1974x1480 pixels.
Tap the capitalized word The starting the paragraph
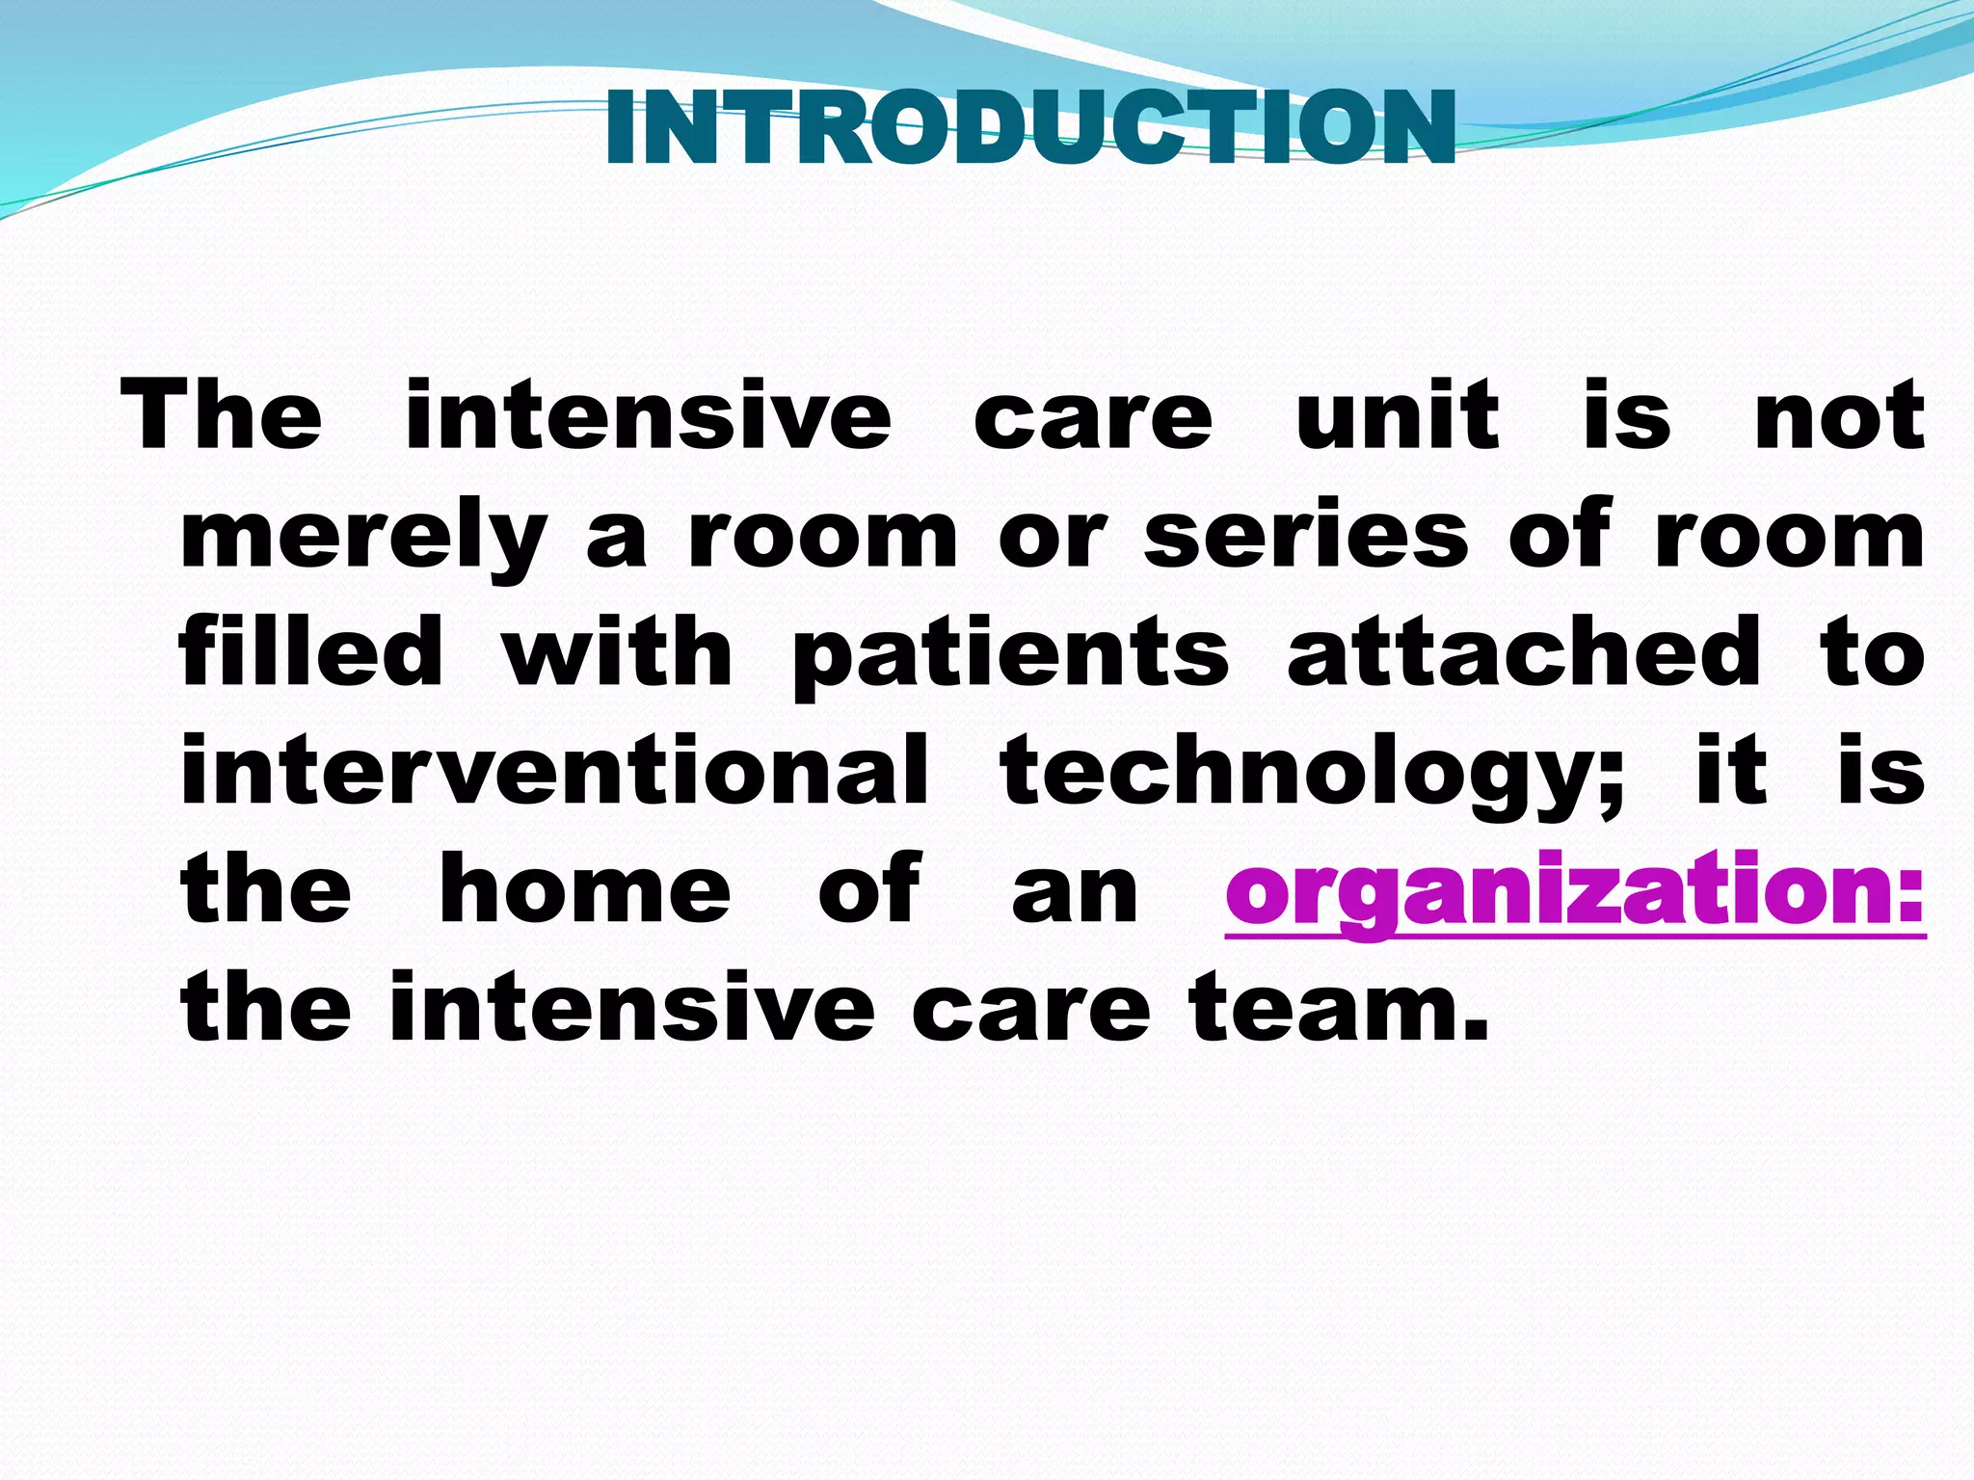point(221,416)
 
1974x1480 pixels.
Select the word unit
point(1397,416)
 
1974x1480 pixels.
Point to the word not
point(1839,416)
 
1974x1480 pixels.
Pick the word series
point(1306,536)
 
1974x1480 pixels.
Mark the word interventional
point(554,772)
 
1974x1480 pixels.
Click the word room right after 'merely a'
point(822,538)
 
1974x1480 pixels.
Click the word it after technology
point(1731,772)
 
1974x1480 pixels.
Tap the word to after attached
point(1873,656)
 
